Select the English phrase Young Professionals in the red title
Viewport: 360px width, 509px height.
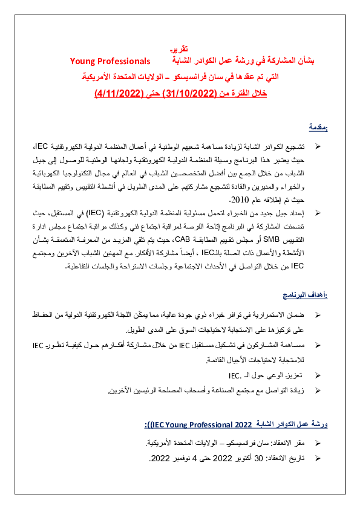[x=110, y=61]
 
